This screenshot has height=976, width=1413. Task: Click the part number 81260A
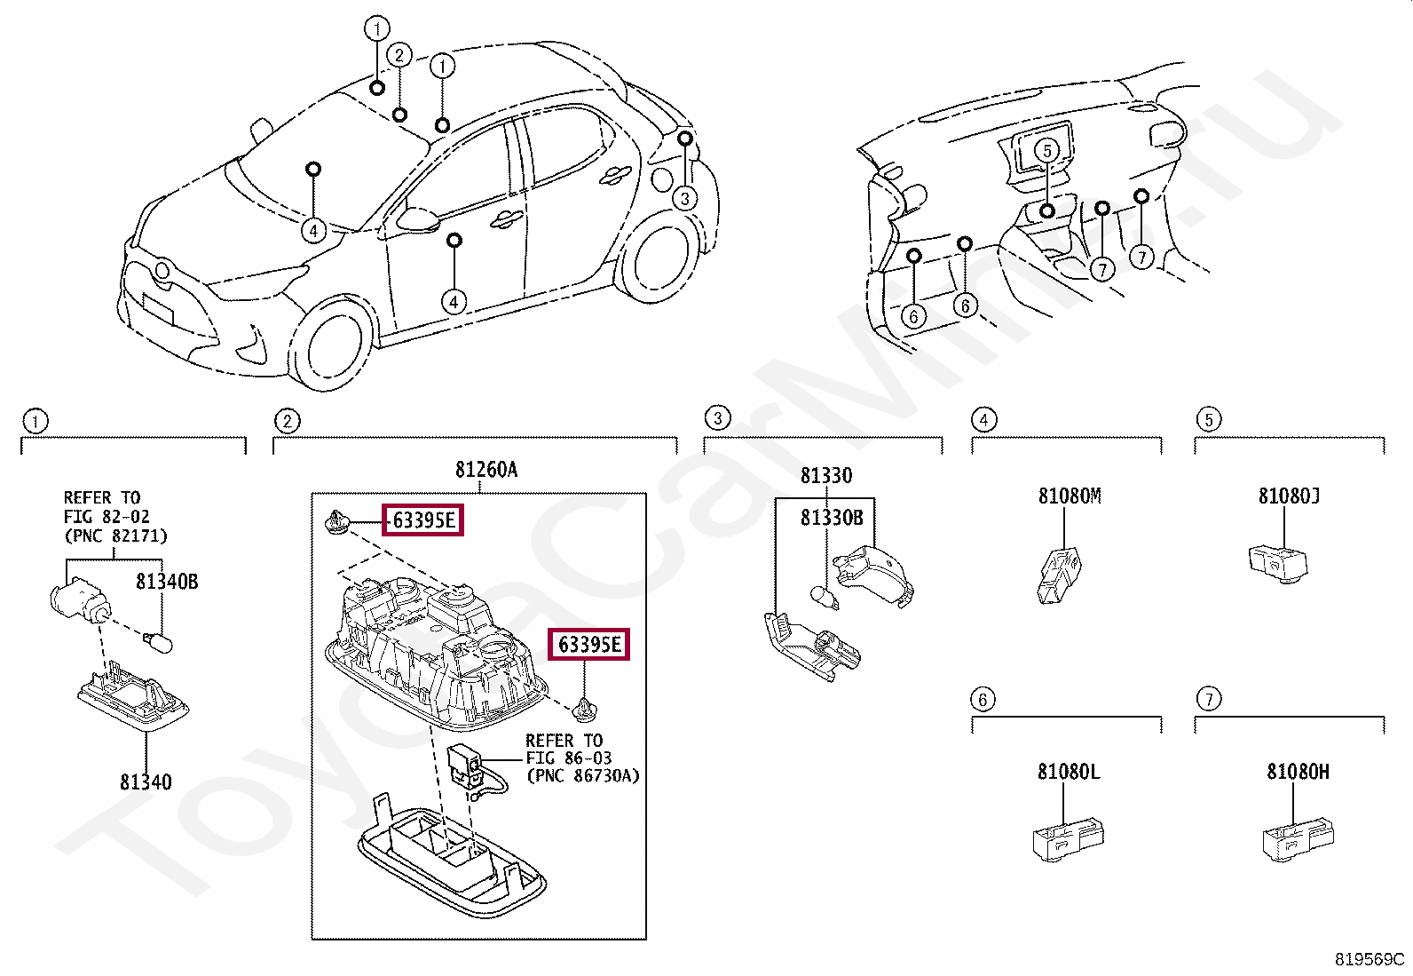point(485,470)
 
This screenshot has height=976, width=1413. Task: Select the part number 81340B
point(167,582)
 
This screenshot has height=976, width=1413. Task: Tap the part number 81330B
point(832,518)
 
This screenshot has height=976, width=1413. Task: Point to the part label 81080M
point(1070,496)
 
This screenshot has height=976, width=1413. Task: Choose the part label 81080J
point(1289,496)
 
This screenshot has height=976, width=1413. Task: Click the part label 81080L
point(1069,772)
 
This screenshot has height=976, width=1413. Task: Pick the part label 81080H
point(1298,772)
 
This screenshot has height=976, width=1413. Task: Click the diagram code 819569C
point(1370,959)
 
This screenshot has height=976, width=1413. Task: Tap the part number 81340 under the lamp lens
point(146,782)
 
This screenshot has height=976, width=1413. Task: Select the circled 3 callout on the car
point(684,198)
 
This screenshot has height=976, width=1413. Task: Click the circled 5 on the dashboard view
point(1047,150)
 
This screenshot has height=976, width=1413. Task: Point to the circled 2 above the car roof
point(399,56)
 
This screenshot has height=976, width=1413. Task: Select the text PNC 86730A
point(582,775)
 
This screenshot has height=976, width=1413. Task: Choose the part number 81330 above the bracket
point(825,476)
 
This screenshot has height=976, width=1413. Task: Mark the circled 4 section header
point(983,419)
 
